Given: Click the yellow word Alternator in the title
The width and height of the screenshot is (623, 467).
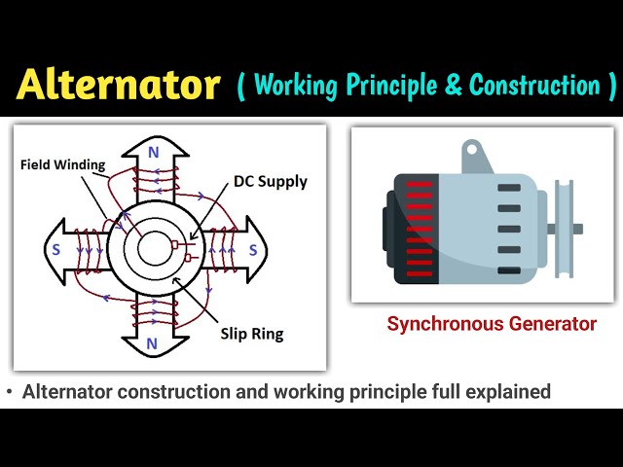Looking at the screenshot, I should coord(119,85).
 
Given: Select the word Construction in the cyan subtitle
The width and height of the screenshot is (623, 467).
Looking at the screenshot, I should coord(534,86).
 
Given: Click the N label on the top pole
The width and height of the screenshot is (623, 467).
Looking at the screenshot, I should coord(153,152).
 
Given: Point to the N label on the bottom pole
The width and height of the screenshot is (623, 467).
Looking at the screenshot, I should coord(153,343).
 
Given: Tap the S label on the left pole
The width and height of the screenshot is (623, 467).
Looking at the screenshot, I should coord(57,250).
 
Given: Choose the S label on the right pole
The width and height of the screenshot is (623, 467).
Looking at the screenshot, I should coord(253,250).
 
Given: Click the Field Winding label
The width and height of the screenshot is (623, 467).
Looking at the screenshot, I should coord(62,164).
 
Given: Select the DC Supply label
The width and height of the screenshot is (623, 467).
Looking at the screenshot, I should coord(270,181).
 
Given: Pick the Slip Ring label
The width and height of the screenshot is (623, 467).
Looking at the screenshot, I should coord(252,334).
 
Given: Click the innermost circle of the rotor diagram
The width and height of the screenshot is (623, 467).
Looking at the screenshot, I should coord(153,249).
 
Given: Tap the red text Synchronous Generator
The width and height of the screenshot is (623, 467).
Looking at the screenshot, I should coord(492,324).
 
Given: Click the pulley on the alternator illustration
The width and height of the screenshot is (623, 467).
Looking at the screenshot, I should coord(563,230).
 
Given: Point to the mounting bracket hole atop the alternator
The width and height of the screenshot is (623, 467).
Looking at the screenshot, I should coord(473,150).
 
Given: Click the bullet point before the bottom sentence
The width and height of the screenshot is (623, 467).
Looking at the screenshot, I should coord(10,392).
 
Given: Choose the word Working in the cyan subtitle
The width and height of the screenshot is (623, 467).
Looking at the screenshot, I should coord(296,86).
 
